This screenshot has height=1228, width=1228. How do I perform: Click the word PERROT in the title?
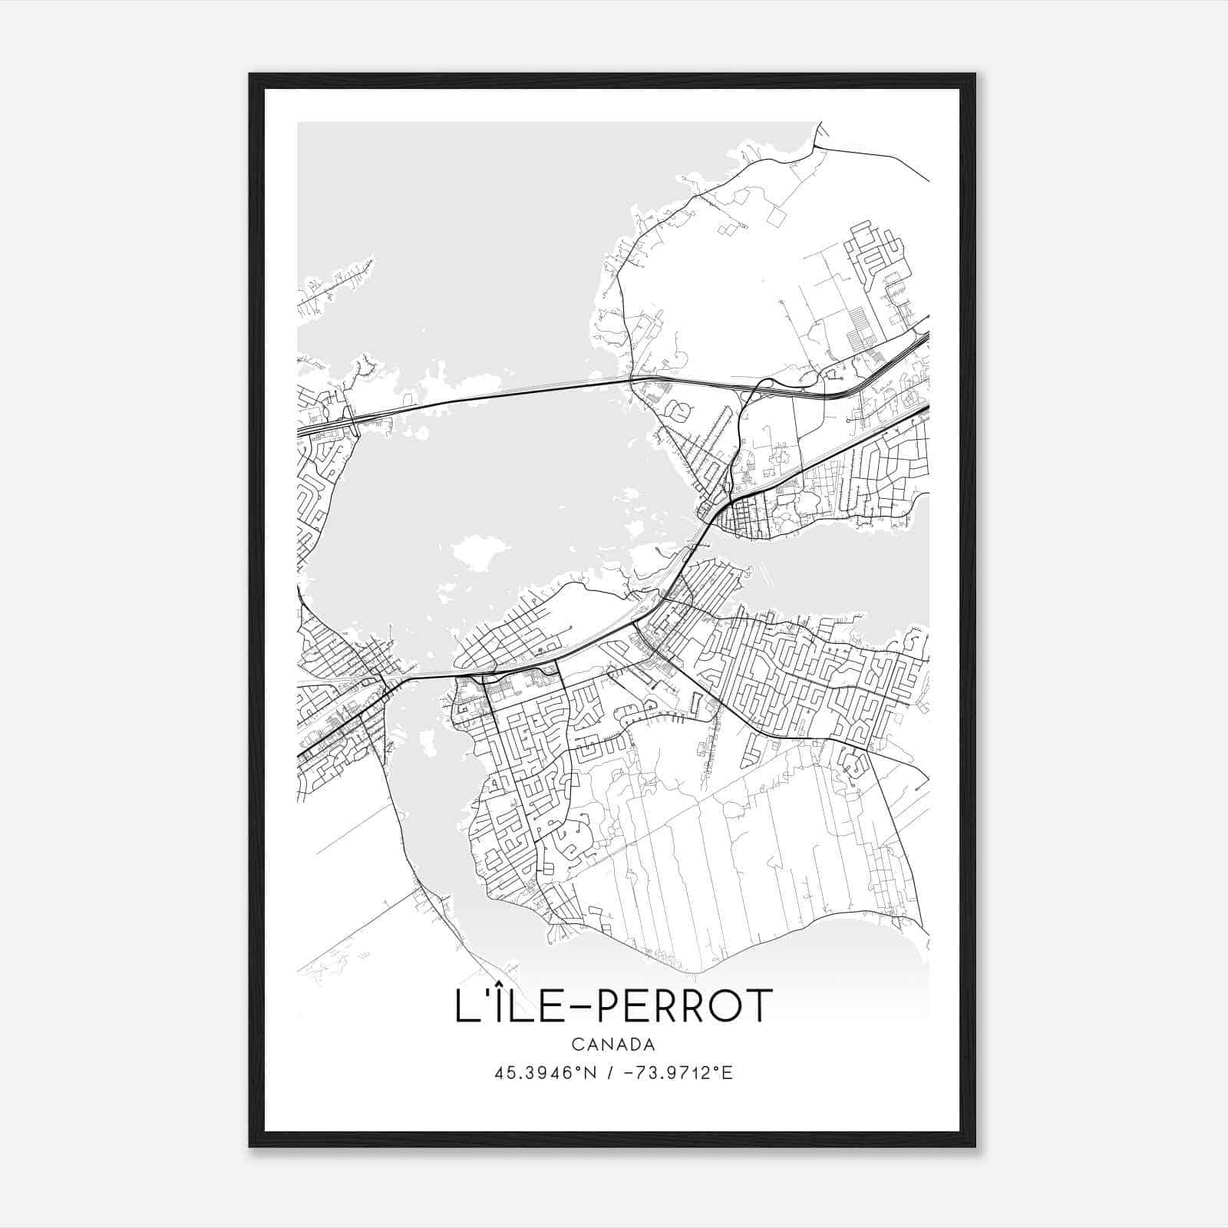point(683,1006)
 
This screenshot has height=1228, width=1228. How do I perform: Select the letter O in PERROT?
point(721,1006)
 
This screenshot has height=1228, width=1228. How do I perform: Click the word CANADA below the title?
point(613,1045)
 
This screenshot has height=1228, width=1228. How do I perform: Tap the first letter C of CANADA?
point(576,1045)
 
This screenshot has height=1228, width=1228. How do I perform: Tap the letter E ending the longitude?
point(728,1073)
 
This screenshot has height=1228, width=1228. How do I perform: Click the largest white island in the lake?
point(480,552)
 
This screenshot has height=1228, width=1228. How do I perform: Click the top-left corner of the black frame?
point(250,74)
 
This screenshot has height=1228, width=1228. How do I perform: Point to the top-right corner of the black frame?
point(975,74)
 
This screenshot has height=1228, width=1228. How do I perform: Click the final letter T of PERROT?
point(757,1006)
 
